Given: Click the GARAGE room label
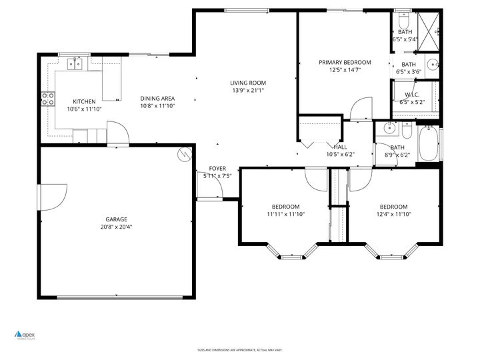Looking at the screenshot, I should [x=115, y=219].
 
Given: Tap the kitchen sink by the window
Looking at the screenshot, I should [x=75, y=64].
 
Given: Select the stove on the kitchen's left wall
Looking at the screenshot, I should [x=49, y=99].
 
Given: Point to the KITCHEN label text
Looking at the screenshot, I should [x=84, y=101].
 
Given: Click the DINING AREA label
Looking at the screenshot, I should [x=157, y=99].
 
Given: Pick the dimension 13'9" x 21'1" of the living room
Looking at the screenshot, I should [x=248, y=91].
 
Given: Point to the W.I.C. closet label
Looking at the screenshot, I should [x=411, y=94].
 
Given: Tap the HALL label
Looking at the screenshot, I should [x=340, y=147].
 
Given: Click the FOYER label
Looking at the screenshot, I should [x=217, y=168].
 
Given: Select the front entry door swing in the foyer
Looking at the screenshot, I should [x=213, y=189].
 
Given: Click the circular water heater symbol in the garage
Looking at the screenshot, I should [x=183, y=155].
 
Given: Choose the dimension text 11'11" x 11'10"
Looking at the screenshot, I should [x=285, y=214].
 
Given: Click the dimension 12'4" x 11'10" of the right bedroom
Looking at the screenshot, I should [x=393, y=214].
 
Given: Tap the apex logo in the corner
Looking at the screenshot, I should [x=25, y=335].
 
